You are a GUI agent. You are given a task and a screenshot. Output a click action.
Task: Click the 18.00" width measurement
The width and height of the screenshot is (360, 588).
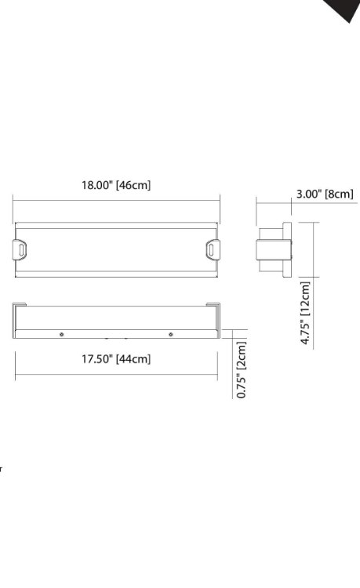tap(97, 186)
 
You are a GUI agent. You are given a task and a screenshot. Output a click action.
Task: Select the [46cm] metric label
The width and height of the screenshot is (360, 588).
tap(133, 186)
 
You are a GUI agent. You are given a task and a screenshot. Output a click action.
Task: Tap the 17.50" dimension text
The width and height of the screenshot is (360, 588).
tap(97, 359)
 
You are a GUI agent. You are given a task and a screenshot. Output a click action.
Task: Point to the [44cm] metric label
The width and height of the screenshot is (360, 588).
tap(133, 359)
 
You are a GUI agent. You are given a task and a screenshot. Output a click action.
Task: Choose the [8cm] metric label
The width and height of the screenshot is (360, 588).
tap(340, 194)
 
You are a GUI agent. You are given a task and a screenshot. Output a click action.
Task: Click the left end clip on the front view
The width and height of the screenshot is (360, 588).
tap(22, 249)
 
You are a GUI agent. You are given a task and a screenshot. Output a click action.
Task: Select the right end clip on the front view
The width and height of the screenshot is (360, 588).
tap(213, 249)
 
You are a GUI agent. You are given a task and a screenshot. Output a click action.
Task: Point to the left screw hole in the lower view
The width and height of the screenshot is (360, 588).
tap(62, 335)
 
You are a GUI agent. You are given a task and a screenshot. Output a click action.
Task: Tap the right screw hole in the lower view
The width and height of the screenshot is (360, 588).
tap(171, 335)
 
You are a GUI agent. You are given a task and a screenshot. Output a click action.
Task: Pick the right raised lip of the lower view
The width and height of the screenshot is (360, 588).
tap(213, 307)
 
